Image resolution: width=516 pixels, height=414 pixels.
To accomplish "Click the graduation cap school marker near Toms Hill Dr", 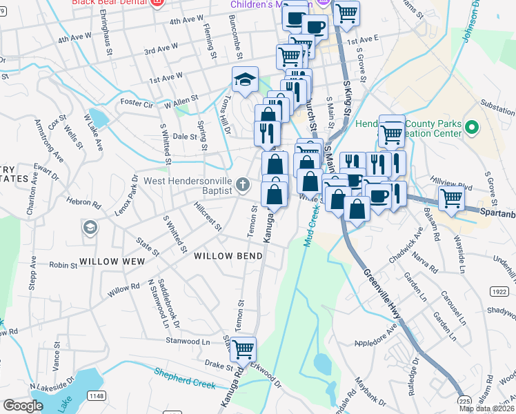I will pyautogui.click(x=244, y=80).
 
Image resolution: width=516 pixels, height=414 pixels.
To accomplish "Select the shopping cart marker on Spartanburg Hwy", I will pyautogui.click(x=451, y=198).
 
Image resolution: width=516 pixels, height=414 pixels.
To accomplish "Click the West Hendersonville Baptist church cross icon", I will pyautogui.click(x=241, y=184).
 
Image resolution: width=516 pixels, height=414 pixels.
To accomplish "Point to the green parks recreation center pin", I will pyautogui.click(x=472, y=128).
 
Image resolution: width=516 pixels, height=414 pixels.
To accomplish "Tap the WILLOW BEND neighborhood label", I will pyautogui.click(x=228, y=256).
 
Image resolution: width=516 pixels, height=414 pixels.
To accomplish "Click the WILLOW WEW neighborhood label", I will pyautogui.click(x=112, y=262).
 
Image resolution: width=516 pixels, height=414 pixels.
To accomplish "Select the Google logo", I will pyautogui.click(x=23, y=406).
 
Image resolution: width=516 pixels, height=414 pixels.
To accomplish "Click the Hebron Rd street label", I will pyautogui.click(x=83, y=206).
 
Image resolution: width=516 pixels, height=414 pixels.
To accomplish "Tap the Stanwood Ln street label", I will pyautogui.click(x=187, y=341).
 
